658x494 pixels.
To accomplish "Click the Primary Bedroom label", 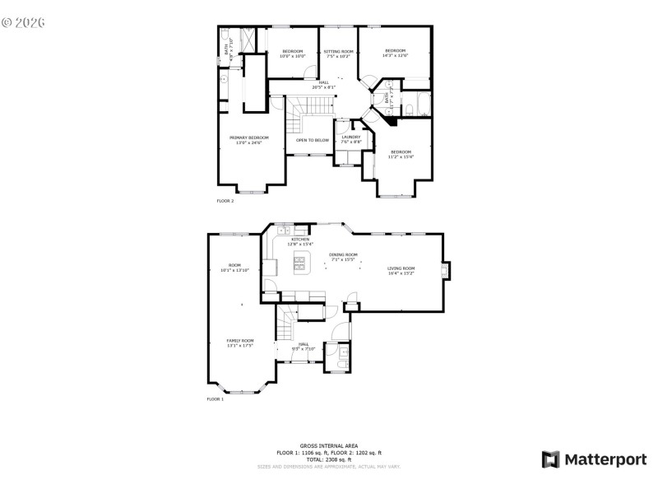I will click(248, 137).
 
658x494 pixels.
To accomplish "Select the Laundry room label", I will click(351, 137).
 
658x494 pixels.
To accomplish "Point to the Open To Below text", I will click(313, 140).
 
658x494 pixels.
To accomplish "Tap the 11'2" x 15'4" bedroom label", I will click(401, 156).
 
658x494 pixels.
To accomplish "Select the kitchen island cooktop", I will click(299, 263).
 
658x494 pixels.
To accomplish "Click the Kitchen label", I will click(299, 239).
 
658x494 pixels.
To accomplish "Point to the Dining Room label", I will click(343, 254).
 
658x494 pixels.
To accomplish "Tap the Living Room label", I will click(401, 268).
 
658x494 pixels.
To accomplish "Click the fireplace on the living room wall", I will click(447, 272).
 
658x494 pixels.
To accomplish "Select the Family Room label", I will click(240, 341).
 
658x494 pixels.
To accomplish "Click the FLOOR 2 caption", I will click(225, 201).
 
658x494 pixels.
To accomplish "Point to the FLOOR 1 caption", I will click(215, 399).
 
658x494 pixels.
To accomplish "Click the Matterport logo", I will click(594, 459).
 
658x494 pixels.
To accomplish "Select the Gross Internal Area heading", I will click(329, 445).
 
